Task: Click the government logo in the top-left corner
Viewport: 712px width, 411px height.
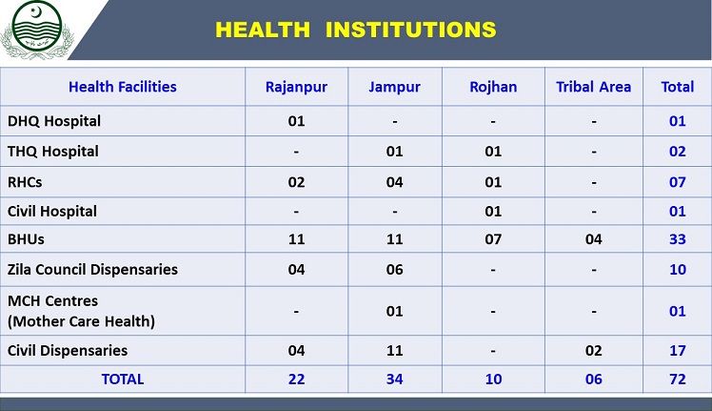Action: click(34, 30)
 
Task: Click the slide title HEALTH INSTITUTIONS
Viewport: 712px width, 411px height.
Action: click(355, 30)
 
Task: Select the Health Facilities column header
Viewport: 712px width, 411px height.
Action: click(123, 87)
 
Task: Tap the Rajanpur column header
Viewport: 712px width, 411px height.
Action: click(296, 87)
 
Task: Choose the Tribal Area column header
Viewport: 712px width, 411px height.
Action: click(593, 87)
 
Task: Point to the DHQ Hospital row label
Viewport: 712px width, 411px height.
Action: click(54, 121)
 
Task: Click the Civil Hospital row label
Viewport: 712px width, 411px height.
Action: click(52, 211)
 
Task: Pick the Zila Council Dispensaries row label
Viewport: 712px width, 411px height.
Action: click(92, 270)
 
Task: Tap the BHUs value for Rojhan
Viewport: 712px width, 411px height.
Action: click(493, 240)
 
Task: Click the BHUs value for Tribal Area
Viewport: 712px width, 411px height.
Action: click(593, 240)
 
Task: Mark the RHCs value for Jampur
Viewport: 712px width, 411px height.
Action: click(394, 181)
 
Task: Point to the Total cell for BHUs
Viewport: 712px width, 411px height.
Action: click(677, 240)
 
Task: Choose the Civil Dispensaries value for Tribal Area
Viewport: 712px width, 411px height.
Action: click(593, 351)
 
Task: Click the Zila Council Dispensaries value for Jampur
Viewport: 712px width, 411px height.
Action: click(394, 270)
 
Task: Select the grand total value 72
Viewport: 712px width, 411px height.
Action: click(677, 380)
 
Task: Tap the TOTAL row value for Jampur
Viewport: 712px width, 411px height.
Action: click(394, 380)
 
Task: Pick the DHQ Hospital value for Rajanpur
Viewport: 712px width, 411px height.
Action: click(296, 121)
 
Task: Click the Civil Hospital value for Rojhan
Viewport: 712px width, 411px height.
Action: click(493, 211)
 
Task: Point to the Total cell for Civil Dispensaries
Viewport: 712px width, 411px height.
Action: click(677, 351)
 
